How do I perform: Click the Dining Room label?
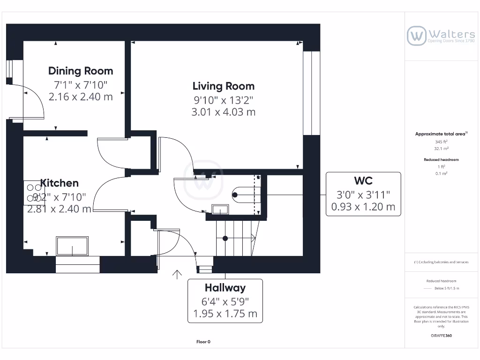(81, 71)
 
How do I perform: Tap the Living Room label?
(224, 86)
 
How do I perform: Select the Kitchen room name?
(60, 183)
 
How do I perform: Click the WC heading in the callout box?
(363, 180)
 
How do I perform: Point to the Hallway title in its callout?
(225, 287)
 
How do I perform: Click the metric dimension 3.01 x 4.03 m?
(224, 112)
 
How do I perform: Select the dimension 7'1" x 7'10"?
(81, 85)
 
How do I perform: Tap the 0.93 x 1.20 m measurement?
(363, 206)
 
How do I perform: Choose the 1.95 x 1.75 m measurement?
(225, 314)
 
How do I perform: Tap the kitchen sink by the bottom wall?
(72, 246)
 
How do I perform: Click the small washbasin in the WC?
(220, 210)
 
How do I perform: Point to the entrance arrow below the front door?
(177, 274)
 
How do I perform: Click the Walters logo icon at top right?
(416, 36)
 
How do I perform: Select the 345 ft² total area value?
(441, 141)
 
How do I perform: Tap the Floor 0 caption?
(203, 342)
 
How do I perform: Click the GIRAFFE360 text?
(441, 336)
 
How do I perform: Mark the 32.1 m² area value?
(441, 148)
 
